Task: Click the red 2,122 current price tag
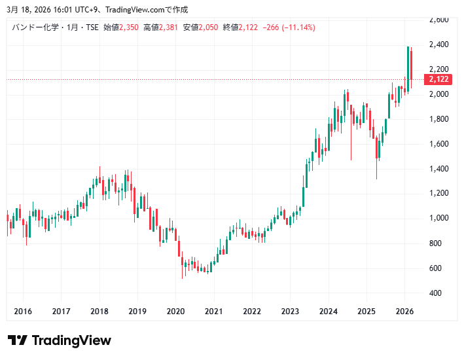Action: click(438, 79)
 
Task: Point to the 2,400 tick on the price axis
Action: click(438, 45)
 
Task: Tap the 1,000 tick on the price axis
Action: click(438, 218)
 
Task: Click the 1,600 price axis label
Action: click(438, 144)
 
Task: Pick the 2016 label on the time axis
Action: click(23, 311)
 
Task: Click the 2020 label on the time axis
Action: click(175, 311)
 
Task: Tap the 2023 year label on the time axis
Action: click(290, 311)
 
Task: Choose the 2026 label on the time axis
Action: click(404, 311)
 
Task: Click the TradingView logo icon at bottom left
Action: click(18, 340)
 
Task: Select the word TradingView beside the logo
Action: click(71, 340)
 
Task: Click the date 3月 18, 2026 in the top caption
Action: click(30, 9)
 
